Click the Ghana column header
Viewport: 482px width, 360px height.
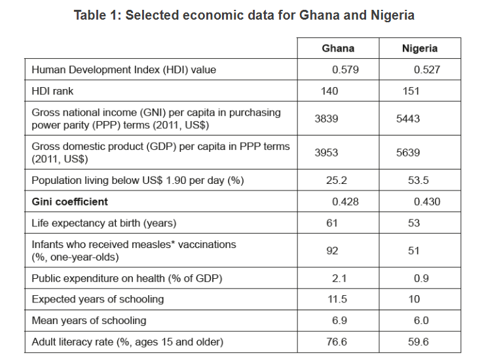(x=338, y=48)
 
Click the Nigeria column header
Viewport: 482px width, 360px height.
(x=419, y=48)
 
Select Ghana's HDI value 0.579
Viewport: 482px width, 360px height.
(x=345, y=69)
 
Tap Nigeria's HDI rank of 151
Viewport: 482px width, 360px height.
(x=411, y=92)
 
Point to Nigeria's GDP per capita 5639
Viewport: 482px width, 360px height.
(x=408, y=153)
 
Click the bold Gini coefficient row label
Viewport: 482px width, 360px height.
(x=70, y=202)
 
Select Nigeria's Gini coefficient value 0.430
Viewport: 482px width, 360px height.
(x=427, y=202)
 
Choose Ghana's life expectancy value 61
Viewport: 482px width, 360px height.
(x=332, y=223)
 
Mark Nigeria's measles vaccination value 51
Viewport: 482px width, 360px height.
(x=413, y=251)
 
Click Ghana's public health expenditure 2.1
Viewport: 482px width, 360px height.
(x=339, y=278)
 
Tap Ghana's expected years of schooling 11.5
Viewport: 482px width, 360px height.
(x=337, y=299)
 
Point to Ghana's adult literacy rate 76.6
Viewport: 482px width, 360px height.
(x=337, y=342)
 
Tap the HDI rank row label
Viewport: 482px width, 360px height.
(x=52, y=92)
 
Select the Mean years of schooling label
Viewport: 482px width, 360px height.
(x=89, y=321)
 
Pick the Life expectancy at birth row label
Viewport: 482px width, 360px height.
(x=104, y=223)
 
